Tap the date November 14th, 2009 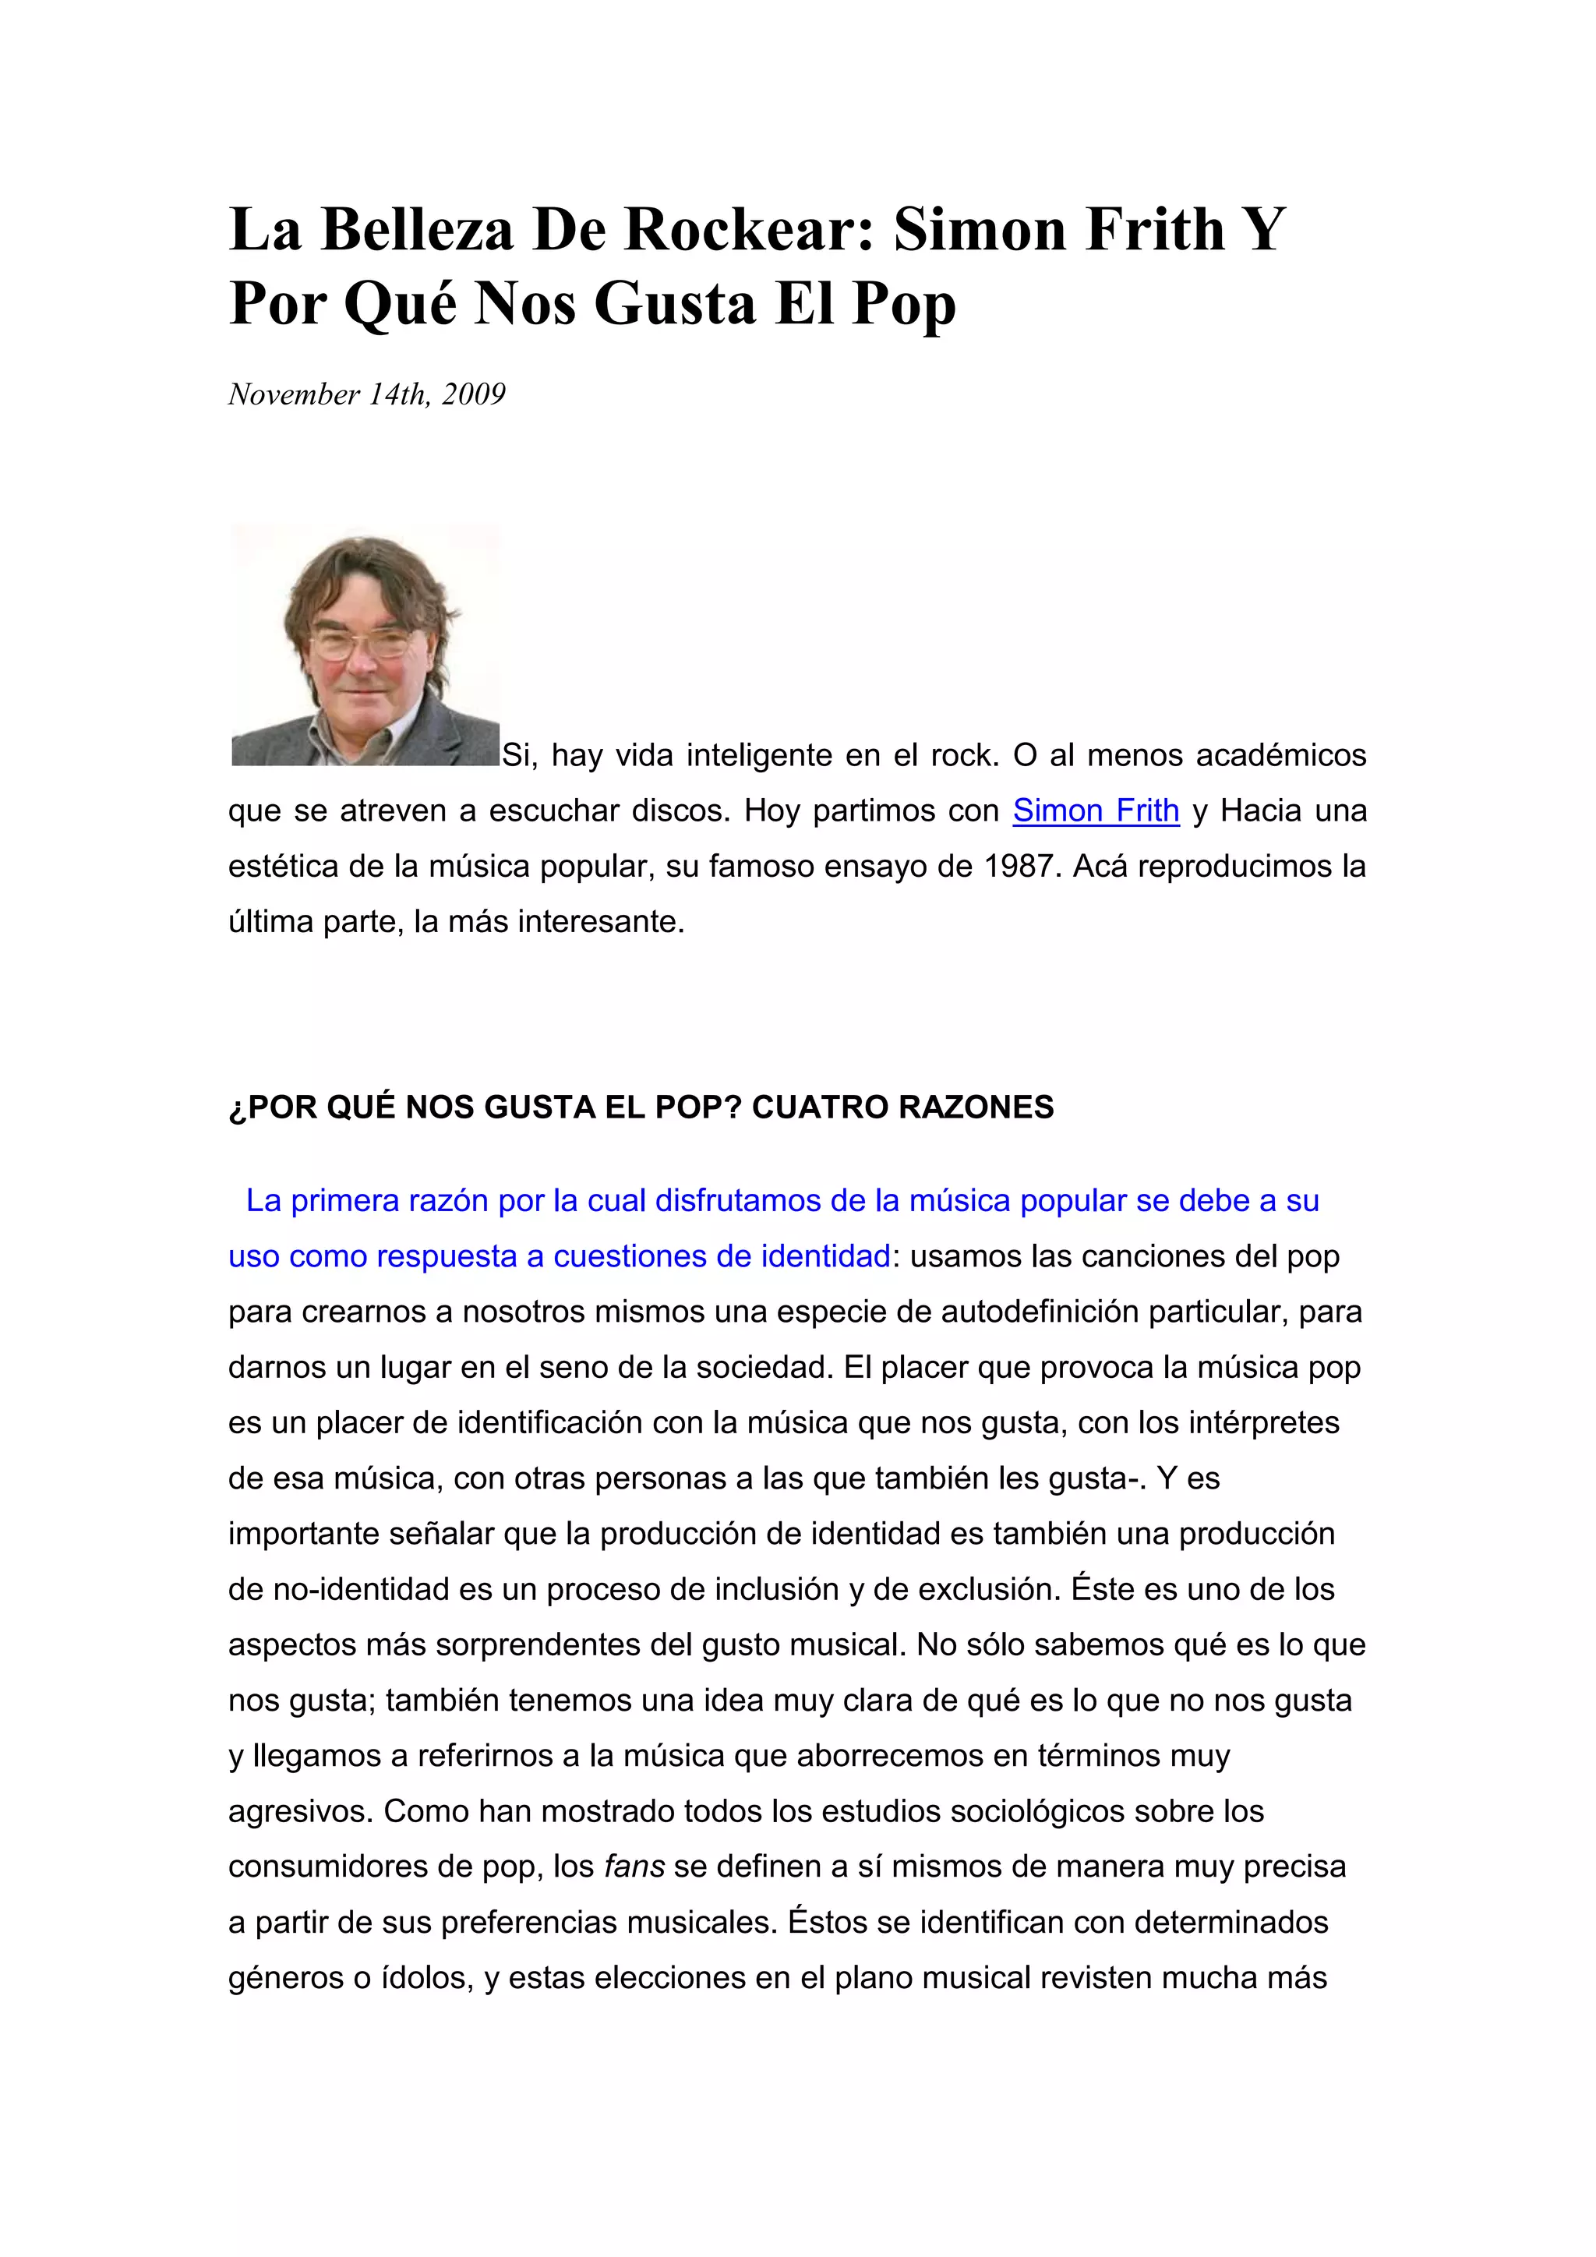[366, 394]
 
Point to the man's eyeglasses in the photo [361, 644]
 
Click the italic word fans [635, 1866]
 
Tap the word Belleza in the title [418, 229]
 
